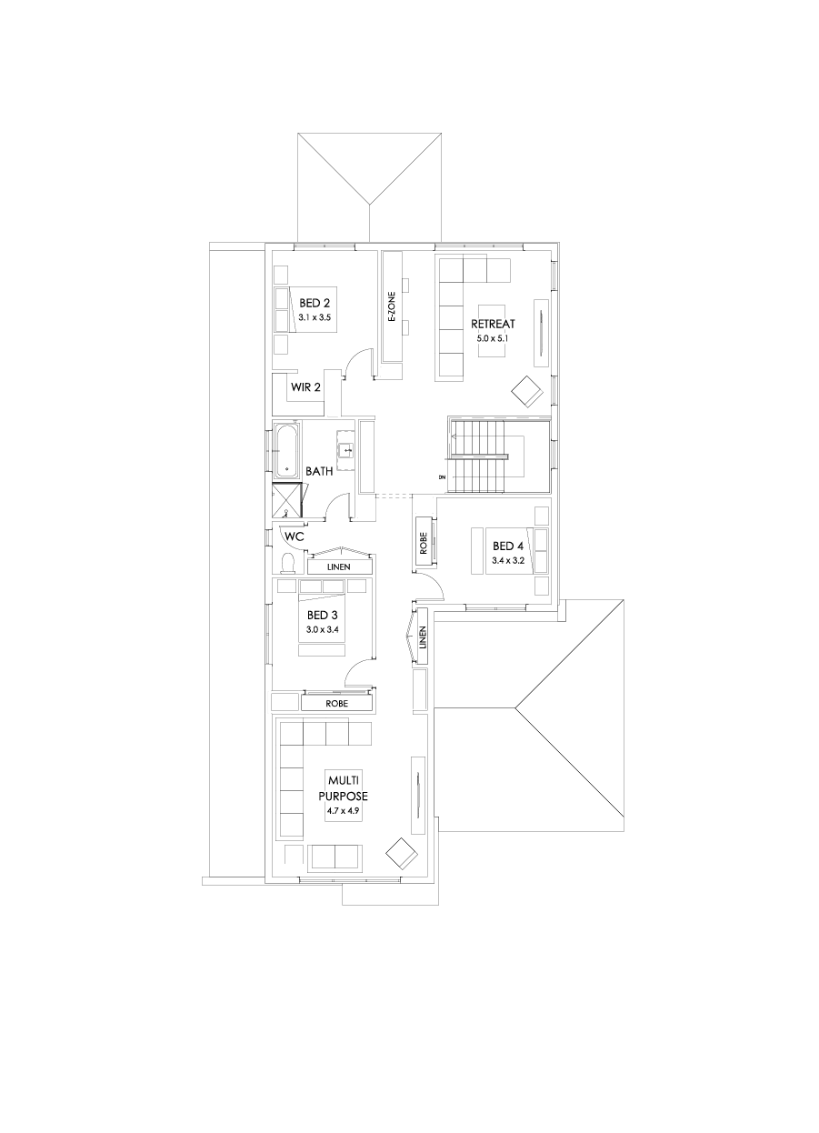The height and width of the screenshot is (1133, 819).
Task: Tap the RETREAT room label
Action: [493, 324]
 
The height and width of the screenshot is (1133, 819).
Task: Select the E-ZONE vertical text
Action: [392, 308]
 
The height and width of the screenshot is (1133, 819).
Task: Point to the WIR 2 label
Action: [305, 387]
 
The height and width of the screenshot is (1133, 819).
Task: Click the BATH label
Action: [319, 471]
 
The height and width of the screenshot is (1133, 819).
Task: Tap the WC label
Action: [294, 536]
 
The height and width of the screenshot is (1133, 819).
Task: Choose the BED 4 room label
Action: [508, 546]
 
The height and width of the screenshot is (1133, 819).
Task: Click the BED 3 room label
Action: [322, 615]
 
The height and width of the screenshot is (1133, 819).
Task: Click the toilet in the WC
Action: [288, 564]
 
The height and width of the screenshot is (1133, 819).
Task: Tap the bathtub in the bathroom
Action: [286, 451]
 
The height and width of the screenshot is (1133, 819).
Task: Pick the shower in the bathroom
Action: [288, 501]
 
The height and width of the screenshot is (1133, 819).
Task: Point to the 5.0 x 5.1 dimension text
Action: [493, 337]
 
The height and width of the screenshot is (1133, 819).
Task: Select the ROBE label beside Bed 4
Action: [424, 543]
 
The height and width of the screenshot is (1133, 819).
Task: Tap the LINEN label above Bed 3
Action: [338, 567]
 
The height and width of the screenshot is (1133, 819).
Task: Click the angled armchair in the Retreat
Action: [527, 391]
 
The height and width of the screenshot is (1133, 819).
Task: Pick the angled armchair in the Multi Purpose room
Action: [401, 854]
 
